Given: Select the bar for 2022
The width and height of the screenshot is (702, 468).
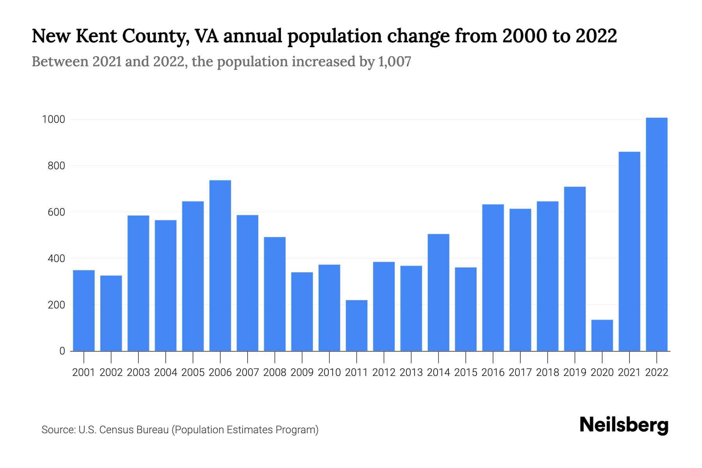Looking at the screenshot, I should click(656, 234).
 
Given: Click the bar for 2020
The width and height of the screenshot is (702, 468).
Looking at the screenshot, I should click(602, 335).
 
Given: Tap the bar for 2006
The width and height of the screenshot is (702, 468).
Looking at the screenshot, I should click(220, 265).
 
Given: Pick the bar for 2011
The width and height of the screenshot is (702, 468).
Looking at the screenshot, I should click(356, 326).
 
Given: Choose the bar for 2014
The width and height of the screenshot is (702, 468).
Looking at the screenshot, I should click(438, 292).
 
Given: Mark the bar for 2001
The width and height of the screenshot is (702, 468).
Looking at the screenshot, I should click(84, 310).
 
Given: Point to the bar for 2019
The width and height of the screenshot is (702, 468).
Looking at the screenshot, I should click(574, 269).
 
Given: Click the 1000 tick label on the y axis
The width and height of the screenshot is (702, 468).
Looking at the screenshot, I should click(53, 119).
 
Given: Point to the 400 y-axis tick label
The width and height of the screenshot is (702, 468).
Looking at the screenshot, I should click(56, 259).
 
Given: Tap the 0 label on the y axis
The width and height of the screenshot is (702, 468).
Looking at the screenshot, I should click(62, 351).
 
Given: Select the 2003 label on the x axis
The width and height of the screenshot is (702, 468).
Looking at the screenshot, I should click(138, 372).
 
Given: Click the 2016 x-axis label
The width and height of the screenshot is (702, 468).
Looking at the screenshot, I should click(493, 372).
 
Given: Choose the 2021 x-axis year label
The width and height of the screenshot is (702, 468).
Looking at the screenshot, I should click(629, 372).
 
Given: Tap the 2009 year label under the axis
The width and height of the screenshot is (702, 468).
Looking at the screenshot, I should click(302, 372).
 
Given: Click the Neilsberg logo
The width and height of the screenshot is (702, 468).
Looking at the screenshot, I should click(624, 425).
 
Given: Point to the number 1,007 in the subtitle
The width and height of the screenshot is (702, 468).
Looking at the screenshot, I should click(395, 62).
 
